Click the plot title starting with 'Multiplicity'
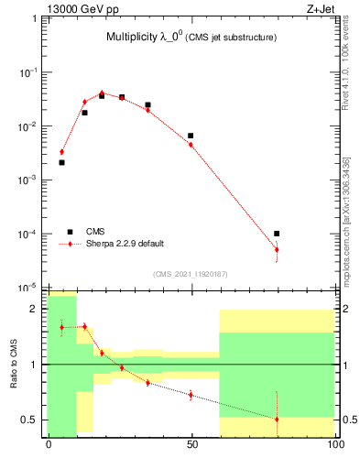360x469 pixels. tap(191, 37)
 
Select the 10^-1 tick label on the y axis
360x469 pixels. tap(29, 71)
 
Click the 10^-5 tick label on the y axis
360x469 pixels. tap(29, 288)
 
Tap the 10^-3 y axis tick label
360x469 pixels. tap(29, 180)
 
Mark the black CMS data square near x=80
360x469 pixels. tap(277, 234)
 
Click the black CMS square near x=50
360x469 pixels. tap(191, 136)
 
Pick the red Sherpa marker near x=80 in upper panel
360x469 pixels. tap(277, 249)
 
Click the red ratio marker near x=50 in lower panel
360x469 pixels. tap(191, 395)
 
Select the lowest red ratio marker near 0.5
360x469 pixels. tap(277, 419)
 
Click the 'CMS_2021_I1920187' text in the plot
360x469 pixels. tap(191, 273)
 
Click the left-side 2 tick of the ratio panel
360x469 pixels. tap(37, 309)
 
